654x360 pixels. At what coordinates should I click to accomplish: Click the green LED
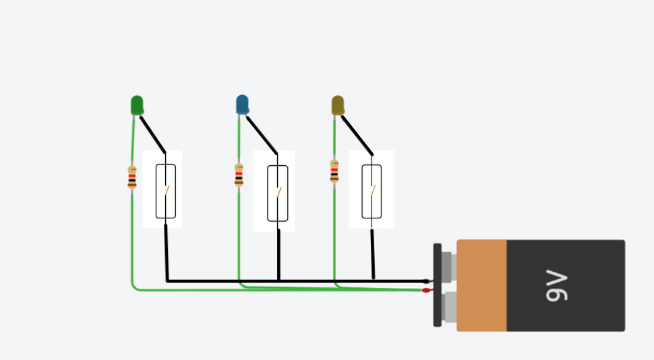137,105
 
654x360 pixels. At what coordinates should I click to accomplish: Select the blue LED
242,104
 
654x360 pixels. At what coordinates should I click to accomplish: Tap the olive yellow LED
338,105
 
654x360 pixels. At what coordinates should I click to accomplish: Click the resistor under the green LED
132,177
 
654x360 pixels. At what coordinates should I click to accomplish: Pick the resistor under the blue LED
239,175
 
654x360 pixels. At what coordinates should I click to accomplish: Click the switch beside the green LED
166,191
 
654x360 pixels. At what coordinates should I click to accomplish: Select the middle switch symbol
278,193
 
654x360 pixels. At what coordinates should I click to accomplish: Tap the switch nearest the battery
371,191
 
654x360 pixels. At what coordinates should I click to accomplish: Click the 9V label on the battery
556,285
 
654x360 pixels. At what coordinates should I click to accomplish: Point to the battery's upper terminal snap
448,266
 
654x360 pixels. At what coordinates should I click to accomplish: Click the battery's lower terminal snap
449,307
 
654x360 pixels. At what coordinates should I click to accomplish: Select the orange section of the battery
481,285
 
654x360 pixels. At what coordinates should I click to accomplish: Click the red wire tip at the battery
426,290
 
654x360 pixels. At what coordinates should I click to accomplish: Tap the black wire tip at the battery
426,281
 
